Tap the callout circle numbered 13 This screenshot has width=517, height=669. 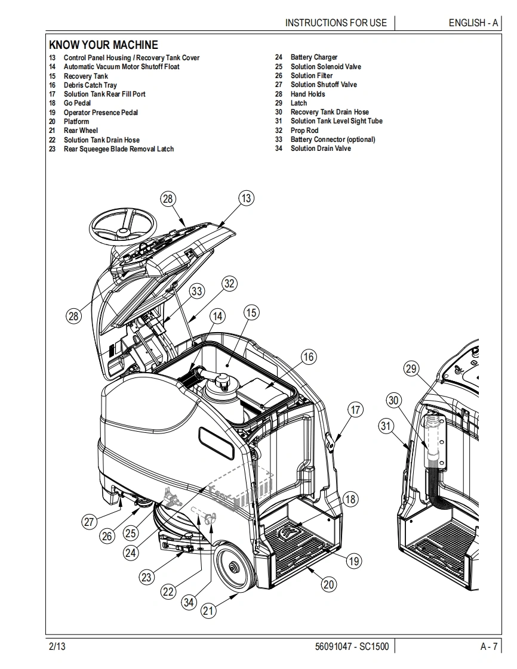[247, 199]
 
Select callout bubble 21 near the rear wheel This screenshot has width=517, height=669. [208, 611]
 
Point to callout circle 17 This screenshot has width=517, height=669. [355, 410]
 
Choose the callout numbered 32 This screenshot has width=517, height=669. [230, 283]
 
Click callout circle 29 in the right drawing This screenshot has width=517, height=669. [411, 368]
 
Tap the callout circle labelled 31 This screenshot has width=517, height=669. [386, 426]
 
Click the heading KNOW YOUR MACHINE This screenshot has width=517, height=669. [103, 45]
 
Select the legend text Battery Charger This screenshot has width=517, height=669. [314, 57]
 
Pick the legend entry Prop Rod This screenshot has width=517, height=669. [304, 131]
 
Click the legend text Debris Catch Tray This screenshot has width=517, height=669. [90, 85]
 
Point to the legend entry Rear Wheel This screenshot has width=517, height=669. [81, 131]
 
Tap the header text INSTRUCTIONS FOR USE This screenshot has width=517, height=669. [336, 23]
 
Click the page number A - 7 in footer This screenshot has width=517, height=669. [488, 646]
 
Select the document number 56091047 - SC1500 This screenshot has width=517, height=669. [351, 646]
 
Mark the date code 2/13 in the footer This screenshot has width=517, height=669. [57, 646]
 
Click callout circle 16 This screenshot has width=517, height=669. [308, 357]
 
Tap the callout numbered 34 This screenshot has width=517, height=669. [189, 602]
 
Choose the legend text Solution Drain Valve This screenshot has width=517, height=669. [321, 148]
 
